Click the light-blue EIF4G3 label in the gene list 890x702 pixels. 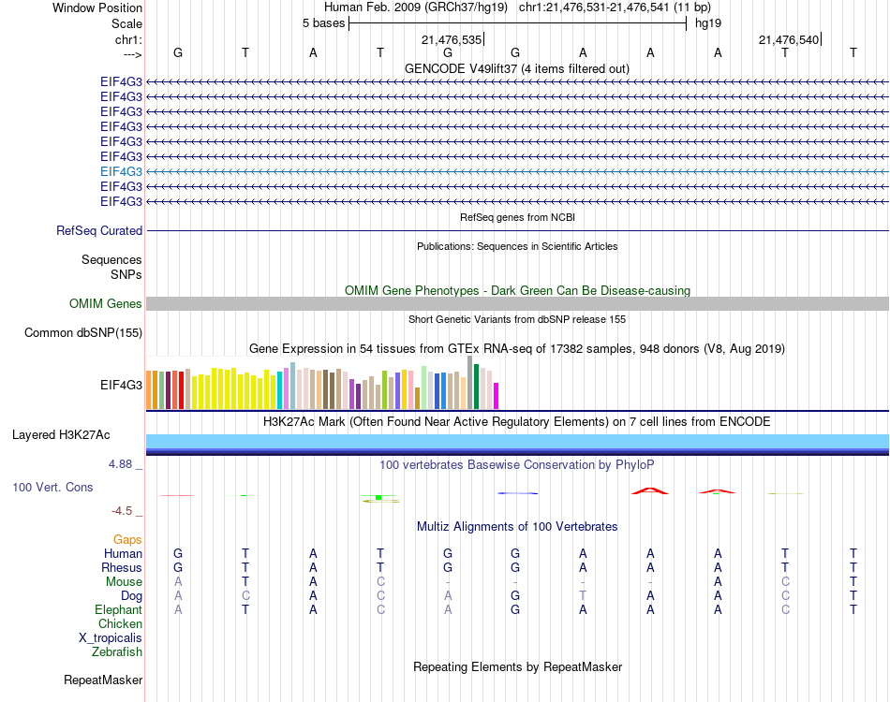pyautogui.click(x=122, y=171)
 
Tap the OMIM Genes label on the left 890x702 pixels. pyautogui.click(x=106, y=303)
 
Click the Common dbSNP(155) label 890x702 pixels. pyautogui.click(x=83, y=332)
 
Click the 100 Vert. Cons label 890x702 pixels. pyautogui.click(x=52, y=488)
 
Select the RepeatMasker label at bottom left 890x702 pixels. pyautogui.click(x=103, y=680)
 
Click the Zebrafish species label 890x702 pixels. pyautogui.click(x=117, y=651)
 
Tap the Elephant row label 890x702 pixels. pyautogui.click(x=119, y=609)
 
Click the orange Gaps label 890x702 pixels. pyautogui.click(x=127, y=539)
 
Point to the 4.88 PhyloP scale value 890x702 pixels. pyautogui.click(x=122, y=463)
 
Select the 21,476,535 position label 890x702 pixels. pyautogui.click(x=452, y=40)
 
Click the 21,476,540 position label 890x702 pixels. pyautogui.click(x=789, y=40)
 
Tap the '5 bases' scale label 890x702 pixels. pyautogui.click(x=323, y=23)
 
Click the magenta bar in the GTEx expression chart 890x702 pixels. pyautogui.click(x=497, y=396)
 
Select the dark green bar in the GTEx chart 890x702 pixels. pyautogui.click(x=477, y=387)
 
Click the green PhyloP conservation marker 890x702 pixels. pyautogui.click(x=378, y=497)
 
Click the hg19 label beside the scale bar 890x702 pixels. pyautogui.click(x=707, y=23)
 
